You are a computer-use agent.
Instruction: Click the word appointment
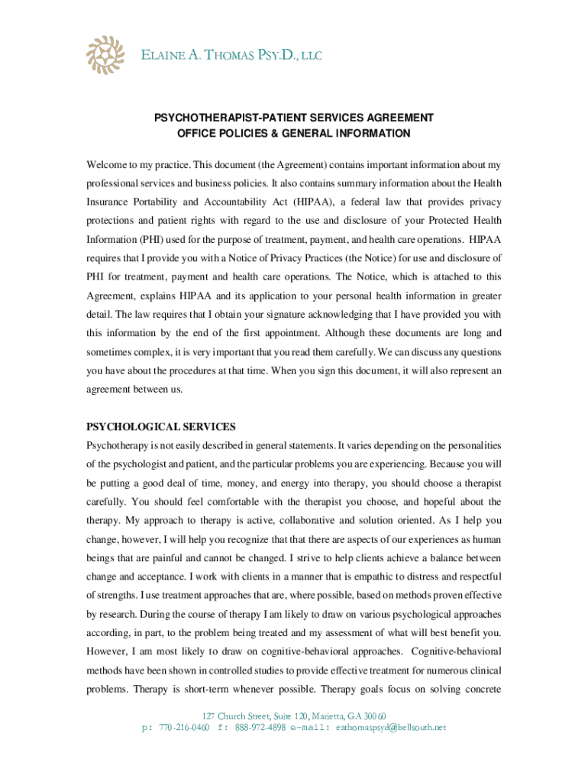[287, 334]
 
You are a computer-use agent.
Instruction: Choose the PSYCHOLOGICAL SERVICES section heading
[161, 427]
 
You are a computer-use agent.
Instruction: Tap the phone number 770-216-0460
[185, 728]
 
